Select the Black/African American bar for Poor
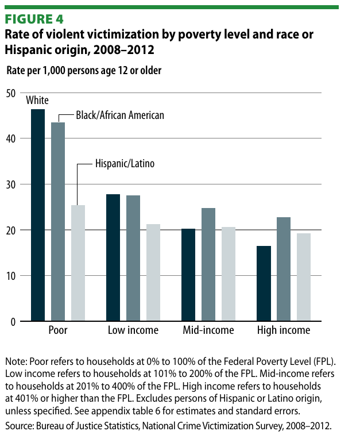click(x=58, y=222)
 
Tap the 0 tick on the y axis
click(x=13, y=322)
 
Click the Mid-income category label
click(x=208, y=330)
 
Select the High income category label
click(x=284, y=330)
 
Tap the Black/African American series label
click(x=120, y=116)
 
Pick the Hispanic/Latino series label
click(x=124, y=164)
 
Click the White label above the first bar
click(x=37, y=101)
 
